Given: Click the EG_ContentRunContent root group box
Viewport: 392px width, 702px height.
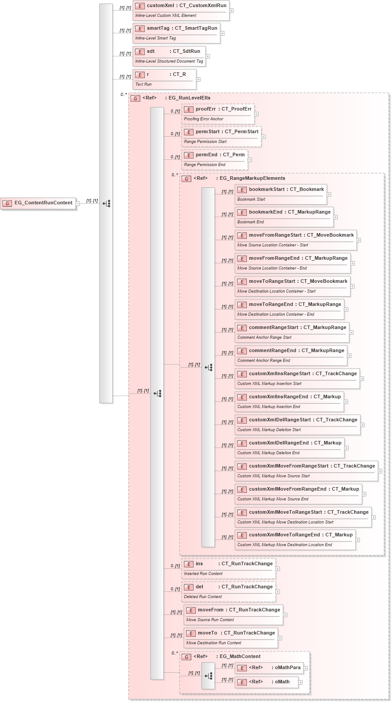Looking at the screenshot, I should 39,203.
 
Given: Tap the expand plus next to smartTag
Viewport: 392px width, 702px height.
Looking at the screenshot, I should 222,33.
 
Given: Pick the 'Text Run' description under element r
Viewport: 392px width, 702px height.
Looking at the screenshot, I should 143,84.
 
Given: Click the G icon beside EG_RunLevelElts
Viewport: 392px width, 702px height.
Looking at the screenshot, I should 135,98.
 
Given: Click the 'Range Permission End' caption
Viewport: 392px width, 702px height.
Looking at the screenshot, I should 205,165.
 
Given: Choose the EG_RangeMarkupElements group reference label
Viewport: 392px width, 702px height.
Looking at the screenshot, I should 252,178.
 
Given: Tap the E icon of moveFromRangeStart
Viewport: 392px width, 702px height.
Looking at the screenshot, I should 242,235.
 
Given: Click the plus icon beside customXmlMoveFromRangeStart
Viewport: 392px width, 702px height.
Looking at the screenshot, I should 380,471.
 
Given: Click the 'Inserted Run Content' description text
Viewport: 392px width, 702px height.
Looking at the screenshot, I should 203,574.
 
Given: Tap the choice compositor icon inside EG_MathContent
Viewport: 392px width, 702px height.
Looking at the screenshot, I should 208,676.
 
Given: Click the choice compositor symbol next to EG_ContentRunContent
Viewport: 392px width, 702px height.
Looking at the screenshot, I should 106,203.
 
